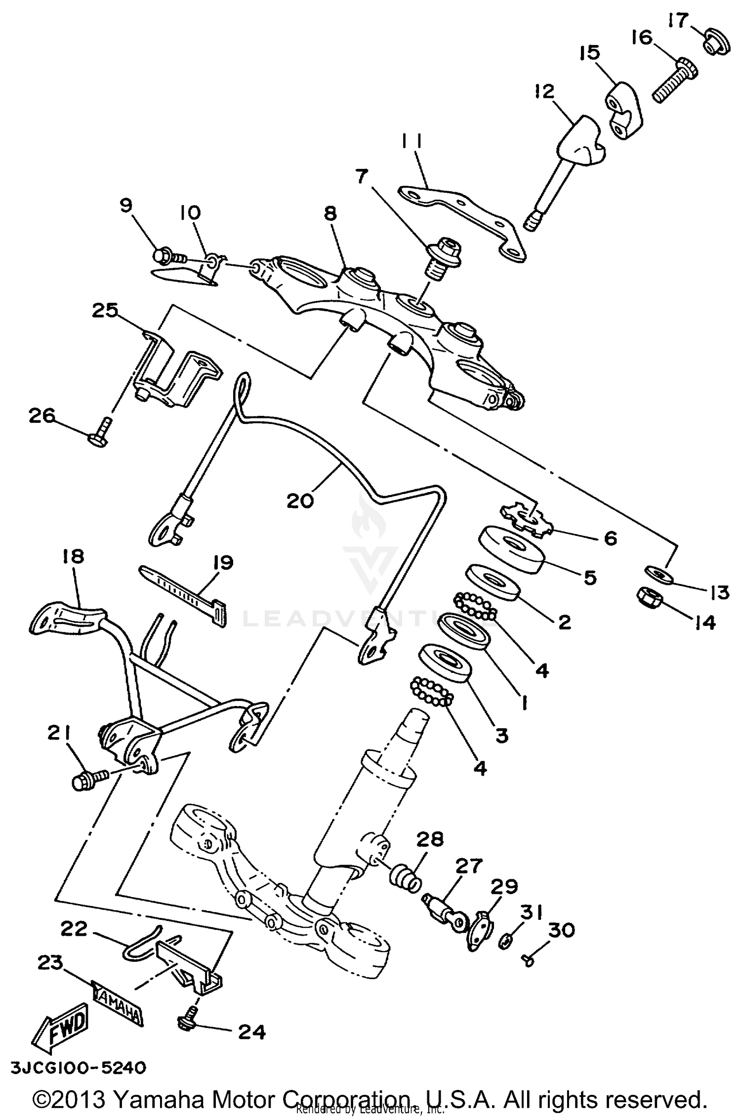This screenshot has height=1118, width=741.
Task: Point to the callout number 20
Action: (300, 501)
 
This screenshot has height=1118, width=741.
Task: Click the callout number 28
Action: (430, 839)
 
